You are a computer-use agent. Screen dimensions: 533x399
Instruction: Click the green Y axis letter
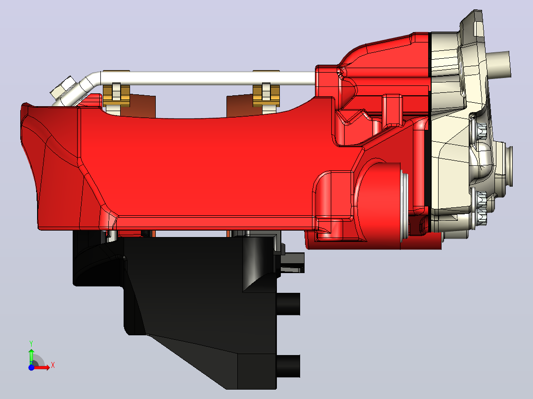31,343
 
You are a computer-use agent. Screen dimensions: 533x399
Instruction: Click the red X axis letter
53,366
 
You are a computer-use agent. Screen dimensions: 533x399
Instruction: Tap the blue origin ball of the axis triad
31,367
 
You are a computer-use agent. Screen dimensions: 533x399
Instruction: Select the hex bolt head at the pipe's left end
63,88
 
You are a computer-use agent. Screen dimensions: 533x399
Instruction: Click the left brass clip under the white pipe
116,95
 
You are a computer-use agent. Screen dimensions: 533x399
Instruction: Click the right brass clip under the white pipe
266,95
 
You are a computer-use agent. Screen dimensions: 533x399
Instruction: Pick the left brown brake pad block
137,106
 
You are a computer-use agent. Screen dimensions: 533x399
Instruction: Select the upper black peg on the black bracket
288,304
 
